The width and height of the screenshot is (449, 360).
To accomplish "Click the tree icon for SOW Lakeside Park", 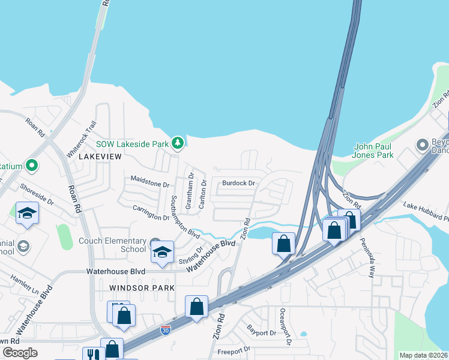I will click(x=177, y=143).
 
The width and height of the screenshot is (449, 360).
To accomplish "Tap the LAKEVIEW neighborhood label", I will click(x=101, y=157).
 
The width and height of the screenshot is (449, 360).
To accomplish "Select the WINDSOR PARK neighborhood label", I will click(x=142, y=288).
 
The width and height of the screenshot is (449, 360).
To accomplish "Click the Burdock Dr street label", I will click(x=238, y=182).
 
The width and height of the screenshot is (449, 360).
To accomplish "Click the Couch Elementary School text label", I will click(x=112, y=245).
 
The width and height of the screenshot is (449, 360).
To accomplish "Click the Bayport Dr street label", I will click(x=261, y=329).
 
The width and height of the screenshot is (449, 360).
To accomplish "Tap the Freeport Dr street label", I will click(x=234, y=350).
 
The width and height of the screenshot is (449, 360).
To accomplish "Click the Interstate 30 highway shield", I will click(x=166, y=330).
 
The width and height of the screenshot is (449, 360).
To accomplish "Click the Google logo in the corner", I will click(x=20, y=353).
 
